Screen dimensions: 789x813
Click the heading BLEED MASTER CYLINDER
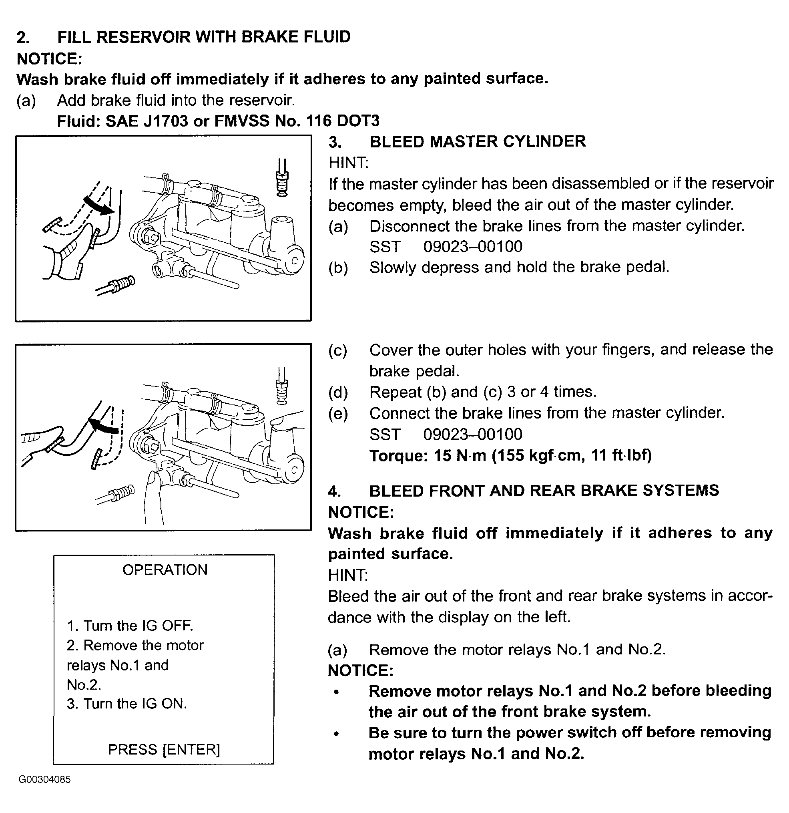click(x=478, y=141)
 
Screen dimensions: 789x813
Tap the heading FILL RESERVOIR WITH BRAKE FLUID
click(x=204, y=37)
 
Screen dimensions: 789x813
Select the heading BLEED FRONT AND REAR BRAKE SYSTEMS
click(x=544, y=490)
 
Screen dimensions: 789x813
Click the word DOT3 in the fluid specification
click(x=358, y=121)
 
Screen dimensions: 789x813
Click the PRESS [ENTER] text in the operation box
click(x=164, y=749)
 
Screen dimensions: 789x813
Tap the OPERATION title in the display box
click(x=165, y=570)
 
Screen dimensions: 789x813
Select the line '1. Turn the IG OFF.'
click(x=130, y=626)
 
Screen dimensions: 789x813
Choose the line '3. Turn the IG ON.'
click(x=127, y=704)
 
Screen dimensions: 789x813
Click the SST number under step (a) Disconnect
click(x=473, y=246)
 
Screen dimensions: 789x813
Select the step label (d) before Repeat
click(x=338, y=392)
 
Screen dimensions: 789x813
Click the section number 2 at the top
click(x=23, y=38)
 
